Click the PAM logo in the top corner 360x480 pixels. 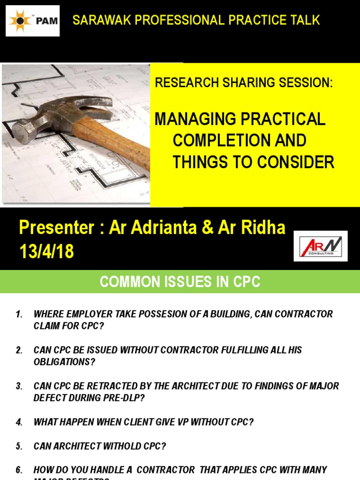[32, 21]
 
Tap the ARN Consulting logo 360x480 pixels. [323, 246]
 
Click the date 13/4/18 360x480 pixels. [47, 252]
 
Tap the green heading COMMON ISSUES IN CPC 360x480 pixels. [180, 282]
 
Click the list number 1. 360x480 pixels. [19, 315]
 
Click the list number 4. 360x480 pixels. [19, 422]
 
